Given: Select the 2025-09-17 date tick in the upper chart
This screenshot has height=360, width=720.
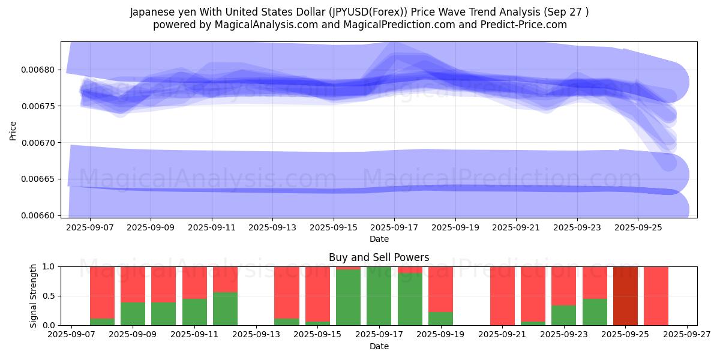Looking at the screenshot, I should point(394,228).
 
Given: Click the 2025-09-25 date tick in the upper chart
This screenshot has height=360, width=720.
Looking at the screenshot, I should point(638,228).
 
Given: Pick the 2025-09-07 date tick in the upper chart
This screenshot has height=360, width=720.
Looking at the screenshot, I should point(90,228).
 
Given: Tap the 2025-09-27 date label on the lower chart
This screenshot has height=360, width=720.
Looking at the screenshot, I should point(687,336).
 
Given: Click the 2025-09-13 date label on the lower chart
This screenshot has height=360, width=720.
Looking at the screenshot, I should point(256,336).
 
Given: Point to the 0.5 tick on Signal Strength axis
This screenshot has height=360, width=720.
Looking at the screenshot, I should point(49,296).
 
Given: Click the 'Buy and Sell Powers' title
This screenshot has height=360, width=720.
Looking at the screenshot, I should point(379,258).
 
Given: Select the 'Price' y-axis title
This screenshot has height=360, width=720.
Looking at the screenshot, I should point(13,130).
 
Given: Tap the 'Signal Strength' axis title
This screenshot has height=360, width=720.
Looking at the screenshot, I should point(34,296).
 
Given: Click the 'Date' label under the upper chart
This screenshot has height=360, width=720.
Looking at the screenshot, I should point(379,239).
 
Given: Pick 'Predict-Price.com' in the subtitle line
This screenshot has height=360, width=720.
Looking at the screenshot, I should point(520,25).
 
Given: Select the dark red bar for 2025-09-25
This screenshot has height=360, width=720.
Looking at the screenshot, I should point(625,296).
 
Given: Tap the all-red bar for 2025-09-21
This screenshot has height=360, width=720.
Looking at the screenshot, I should point(502,296).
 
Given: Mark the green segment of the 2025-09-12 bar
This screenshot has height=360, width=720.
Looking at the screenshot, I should point(226,309).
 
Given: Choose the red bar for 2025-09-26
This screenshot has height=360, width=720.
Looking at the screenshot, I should point(656,296).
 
